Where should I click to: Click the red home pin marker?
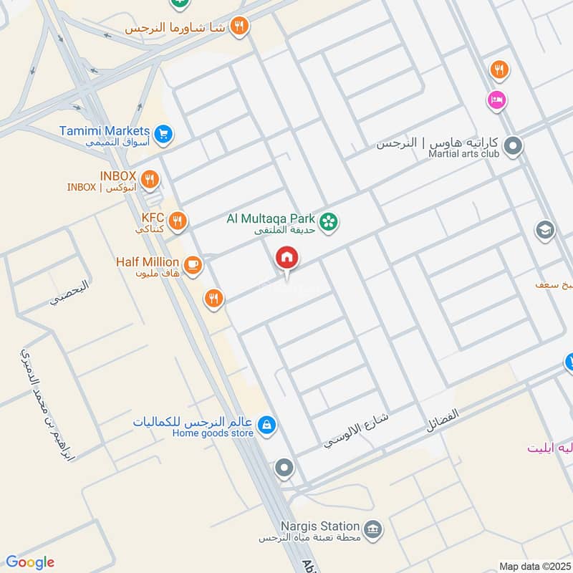(x=287, y=258)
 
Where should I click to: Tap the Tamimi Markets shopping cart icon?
(x=164, y=134)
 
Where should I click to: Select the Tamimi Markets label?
(x=115, y=131)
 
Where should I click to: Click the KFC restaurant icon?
(x=178, y=220)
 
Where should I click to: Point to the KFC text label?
(x=153, y=217)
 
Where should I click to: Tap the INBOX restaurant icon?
(x=150, y=179)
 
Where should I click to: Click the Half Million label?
(x=148, y=262)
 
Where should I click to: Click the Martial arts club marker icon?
(x=513, y=148)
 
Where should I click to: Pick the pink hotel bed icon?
(x=495, y=100)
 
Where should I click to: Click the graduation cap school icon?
(x=544, y=231)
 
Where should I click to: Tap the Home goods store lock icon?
(x=266, y=425)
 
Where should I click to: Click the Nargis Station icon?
(x=372, y=530)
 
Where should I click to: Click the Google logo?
(x=29, y=562)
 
